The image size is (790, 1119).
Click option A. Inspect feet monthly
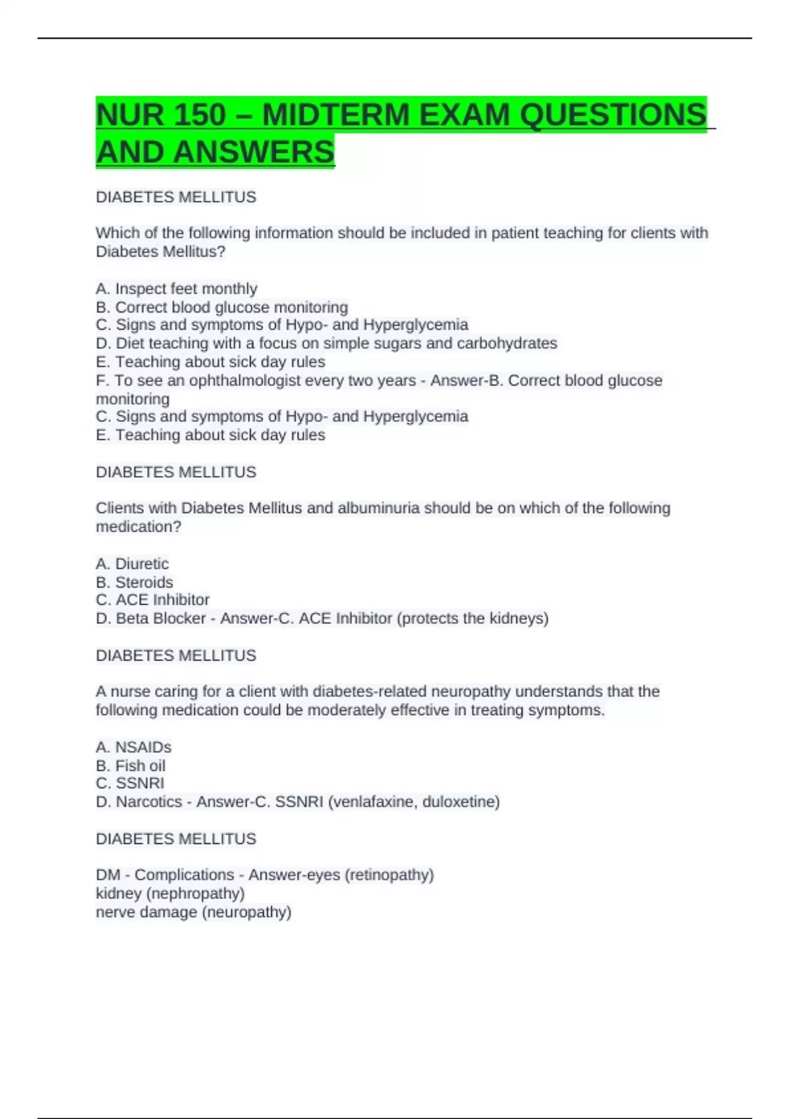pos(176,289)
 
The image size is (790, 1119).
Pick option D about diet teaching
pos(327,344)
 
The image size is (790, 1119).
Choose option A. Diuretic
pos(132,564)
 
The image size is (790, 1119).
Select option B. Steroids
pos(134,583)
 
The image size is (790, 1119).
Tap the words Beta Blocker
pos(161,619)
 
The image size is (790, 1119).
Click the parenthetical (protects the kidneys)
pos(473,619)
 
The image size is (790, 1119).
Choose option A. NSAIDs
pos(134,748)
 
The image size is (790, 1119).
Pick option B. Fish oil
pos(130,766)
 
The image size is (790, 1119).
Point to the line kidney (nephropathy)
pos(171,894)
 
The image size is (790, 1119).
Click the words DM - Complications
pos(165,875)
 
